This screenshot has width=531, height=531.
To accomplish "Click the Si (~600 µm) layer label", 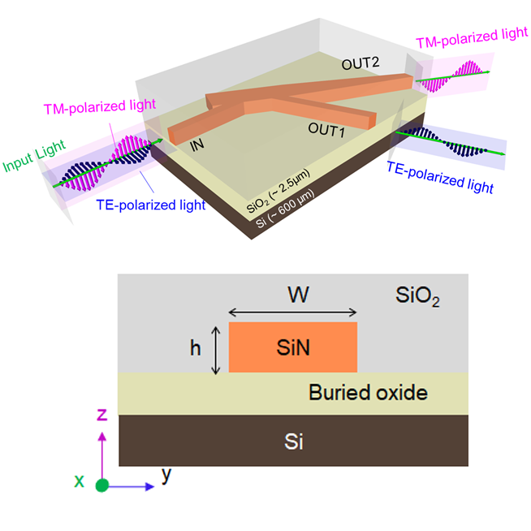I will coord(284,213).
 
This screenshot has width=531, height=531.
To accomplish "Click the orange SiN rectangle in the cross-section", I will coord(292,348).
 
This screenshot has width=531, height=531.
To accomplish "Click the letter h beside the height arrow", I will coord(196,348).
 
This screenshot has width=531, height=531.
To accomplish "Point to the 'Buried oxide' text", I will coord(367,393).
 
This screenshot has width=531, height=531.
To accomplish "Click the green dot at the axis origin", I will coord(101,486).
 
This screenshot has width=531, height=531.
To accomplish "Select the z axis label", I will coord(101,415).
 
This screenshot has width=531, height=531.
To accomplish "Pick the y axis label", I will coord(166,475).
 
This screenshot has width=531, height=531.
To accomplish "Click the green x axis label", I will coord(80,481).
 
